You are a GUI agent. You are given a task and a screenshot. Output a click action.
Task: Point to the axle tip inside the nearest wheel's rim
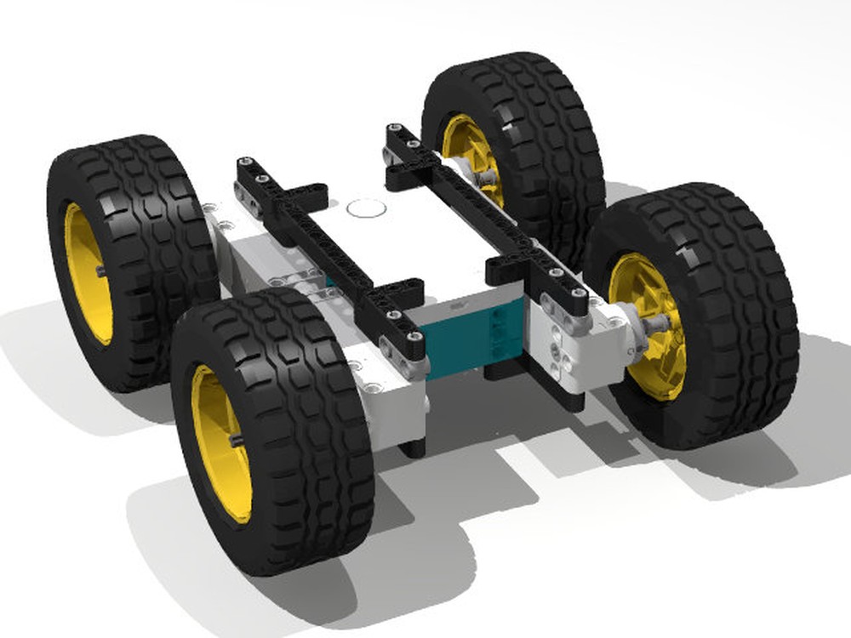[x=237, y=439]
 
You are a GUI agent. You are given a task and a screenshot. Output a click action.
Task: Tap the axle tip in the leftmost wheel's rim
[x=101, y=271]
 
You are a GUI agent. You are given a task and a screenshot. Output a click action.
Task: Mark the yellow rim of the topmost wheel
[x=467, y=153]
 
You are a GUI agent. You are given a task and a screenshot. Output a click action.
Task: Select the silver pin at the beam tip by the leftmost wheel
[x=244, y=162]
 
